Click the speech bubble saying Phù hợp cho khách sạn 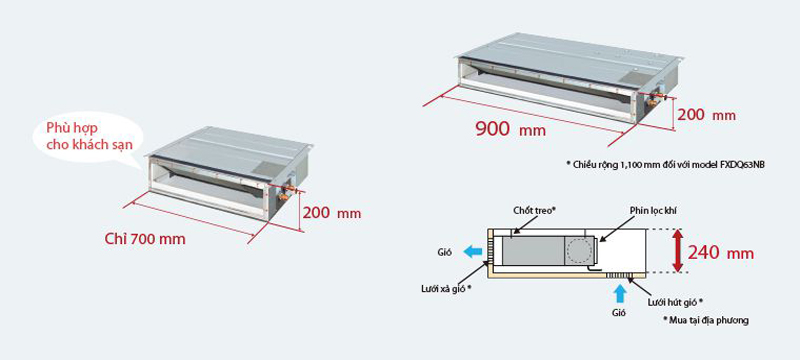tap(88, 137)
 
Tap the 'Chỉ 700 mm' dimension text tap(145, 239)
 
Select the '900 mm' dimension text tap(510, 130)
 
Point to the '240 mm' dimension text tap(720, 252)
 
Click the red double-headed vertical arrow tap(677, 251)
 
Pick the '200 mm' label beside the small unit tap(332, 213)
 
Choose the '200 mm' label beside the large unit tap(707, 115)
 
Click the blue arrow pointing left tap(472, 251)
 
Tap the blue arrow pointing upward tap(619, 295)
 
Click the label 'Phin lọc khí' tap(653, 211)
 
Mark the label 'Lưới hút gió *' tap(676, 302)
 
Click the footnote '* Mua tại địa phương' tap(706, 320)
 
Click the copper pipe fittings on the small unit tap(286, 193)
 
